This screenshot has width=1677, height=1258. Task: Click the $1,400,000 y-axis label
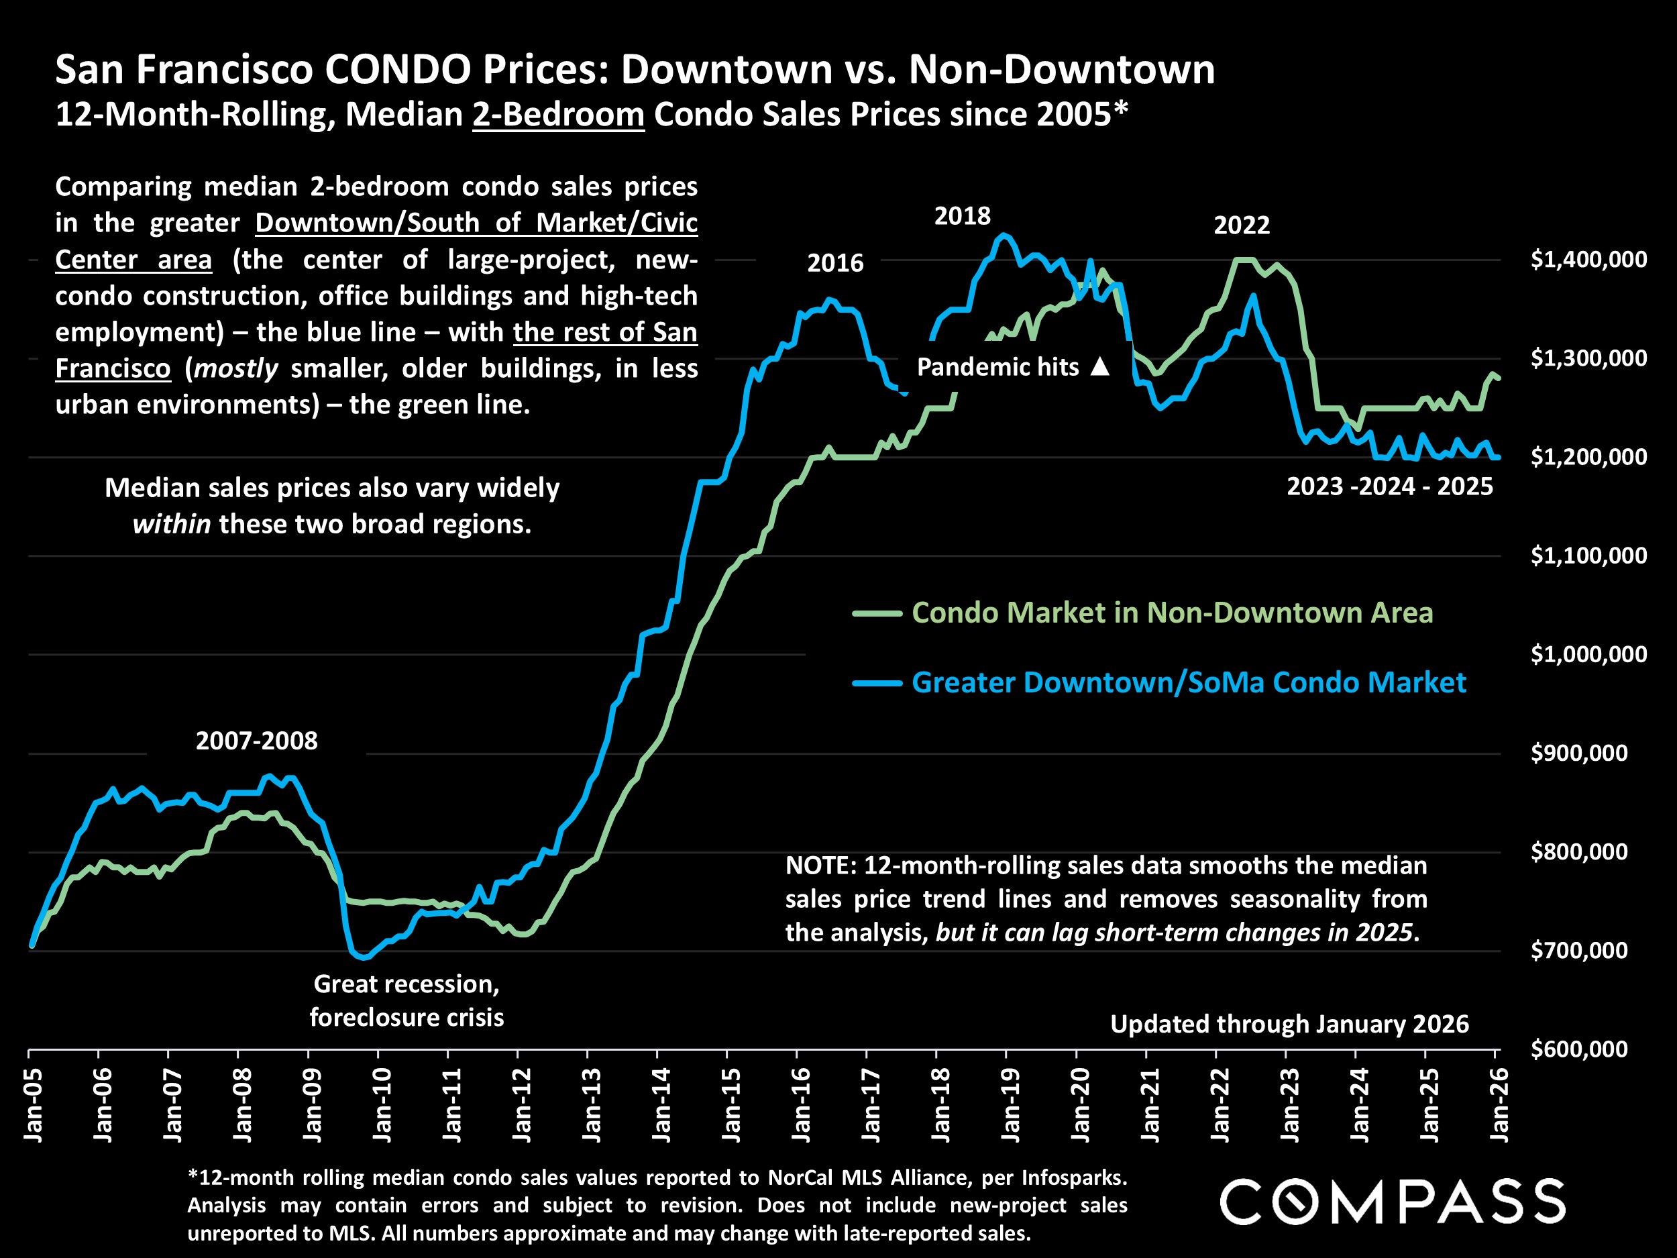tap(1588, 260)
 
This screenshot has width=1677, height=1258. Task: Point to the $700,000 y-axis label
tap(1578, 950)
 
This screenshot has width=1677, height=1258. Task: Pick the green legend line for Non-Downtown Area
tap(877, 613)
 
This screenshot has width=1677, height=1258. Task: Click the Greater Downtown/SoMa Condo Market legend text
tap(1188, 682)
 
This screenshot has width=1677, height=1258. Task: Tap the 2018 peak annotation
tap(962, 216)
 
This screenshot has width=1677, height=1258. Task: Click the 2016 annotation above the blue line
tap(834, 263)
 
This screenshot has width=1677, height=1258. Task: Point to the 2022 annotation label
tap(1241, 225)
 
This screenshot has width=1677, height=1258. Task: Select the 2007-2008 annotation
tap(256, 741)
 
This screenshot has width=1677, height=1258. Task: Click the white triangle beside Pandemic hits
tap(1100, 367)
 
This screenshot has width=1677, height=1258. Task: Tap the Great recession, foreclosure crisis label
tap(407, 1000)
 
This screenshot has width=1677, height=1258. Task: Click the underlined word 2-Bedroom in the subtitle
tap(558, 115)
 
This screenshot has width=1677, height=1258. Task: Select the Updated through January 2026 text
tap(1289, 1025)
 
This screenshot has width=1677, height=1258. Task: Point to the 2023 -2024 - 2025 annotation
tap(1389, 486)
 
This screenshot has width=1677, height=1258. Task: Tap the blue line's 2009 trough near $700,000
tap(364, 957)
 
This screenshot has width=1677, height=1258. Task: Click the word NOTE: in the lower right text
tap(820, 866)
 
